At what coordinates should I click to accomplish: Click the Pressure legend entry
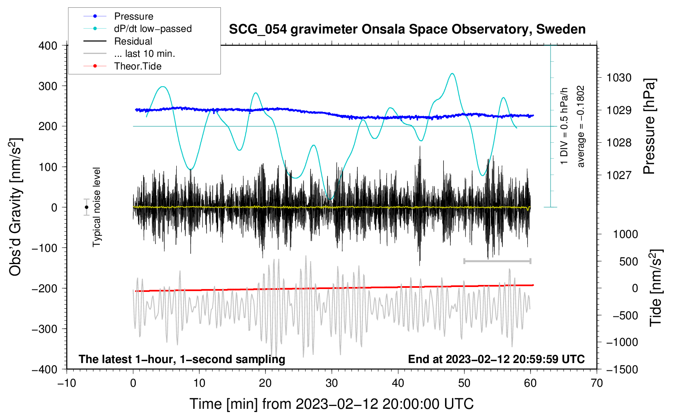pyautogui.click(x=133, y=16)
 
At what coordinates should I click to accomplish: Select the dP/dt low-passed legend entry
pyautogui.click(x=153, y=29)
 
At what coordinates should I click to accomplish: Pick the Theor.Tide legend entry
pyautogui.click(x=137, y=66)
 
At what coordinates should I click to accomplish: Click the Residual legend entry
pyautogui.click(x=133, y=41)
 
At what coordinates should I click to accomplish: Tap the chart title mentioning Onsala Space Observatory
pyautogui.click(x=407, y=29)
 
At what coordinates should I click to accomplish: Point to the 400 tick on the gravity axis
pyautogui.click(x=48, y=46)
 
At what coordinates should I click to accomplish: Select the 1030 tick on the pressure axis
pyautogui.click(x=619, y=78)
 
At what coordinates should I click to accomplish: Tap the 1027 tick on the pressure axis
pyautogui.click(x=619, y=175)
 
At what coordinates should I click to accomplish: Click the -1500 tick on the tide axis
pyautogui.click(x=622, y=369)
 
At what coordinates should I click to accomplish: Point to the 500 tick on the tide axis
pyautogui.click(x=628, y=261)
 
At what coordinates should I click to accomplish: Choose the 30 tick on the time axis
pyautogui.click(x=332, y=383)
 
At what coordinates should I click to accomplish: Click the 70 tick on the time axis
pyautogui.click(x=597, y=383)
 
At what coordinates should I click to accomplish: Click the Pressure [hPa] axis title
pyautogui.click(x=649, y=127)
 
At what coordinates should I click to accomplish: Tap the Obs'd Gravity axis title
pyautogui.click(x=16, y=207)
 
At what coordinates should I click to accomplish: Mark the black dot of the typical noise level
pyautogui.click(x=87, y=207)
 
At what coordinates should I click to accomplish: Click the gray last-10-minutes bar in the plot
pyautogui.click(x=497, y=261)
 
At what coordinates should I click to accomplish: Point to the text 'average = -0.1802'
pyautogui.click(x=581, y=126)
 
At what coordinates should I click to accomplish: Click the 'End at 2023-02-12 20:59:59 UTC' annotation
pyautogui.click(x=496, y=359)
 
